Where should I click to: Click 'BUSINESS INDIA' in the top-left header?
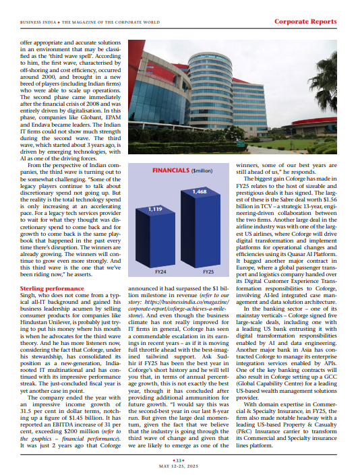pos(39,22)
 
